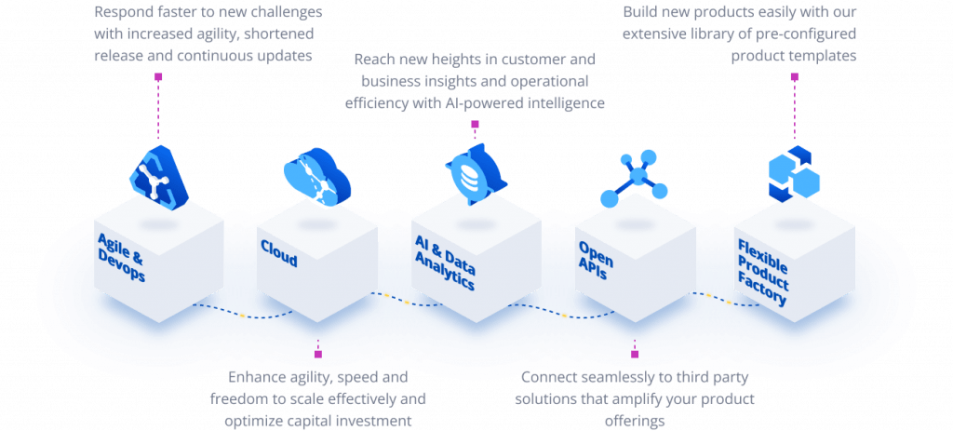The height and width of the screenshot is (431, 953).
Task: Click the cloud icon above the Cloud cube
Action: click(316, 176)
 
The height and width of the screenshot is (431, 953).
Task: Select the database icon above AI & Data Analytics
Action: click(476, 173)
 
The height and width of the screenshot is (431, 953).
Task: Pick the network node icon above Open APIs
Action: click(634, 179)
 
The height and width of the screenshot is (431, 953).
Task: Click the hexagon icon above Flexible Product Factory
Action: click(794, 174)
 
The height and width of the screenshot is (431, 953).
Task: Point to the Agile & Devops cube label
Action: click(122, 257)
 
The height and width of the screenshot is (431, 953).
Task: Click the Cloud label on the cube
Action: click(279, 253)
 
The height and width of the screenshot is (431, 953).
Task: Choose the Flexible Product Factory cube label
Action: click(763, 273)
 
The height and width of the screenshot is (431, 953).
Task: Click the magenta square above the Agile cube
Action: click(158, 77)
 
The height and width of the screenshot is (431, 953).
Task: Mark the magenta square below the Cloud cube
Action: click(318, 354)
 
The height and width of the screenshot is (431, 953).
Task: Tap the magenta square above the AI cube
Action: click(475, 124)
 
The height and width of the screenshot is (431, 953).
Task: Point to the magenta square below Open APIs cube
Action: click(635, 354)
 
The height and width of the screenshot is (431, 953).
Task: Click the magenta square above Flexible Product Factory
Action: click(794, 76)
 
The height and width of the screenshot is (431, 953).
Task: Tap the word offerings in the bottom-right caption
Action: click(635, 421)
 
